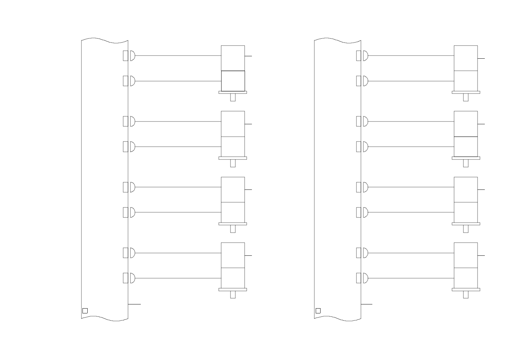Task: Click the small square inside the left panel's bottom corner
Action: click(85, 311)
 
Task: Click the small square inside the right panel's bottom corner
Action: click(318, 311)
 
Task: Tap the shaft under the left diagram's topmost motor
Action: click(233, 97)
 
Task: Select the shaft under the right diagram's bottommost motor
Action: click(466, 294)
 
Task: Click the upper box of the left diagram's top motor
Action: click(233, 58)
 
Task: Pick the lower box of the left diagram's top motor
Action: click(233, 81)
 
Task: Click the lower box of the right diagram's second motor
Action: click(466, 147)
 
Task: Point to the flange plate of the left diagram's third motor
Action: click(233, 224)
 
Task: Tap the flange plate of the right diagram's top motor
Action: click(466, 92)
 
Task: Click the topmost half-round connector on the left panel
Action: click(132, 56)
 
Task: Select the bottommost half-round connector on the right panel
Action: click(365, 278)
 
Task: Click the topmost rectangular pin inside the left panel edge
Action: click(126, 56)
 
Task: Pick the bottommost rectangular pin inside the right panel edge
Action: click(359, 278)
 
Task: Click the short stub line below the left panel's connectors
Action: click(135, 304)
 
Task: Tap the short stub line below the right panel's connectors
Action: click(367, 304)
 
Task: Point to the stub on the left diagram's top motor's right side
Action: click(248, 56)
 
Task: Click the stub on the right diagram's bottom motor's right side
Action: click(481, 256)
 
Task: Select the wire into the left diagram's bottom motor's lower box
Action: click(178, 278)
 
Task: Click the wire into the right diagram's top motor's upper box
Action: click(411, 56)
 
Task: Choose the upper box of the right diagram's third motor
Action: click(466, 189)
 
